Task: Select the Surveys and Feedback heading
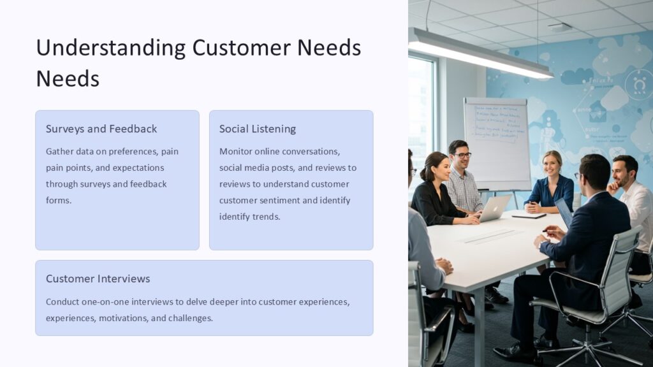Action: coord(101,129)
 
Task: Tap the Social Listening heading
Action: coord(258,129)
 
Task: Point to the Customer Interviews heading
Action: coord(98,279)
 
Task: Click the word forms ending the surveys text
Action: coord(58,200)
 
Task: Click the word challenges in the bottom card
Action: coord(190,318)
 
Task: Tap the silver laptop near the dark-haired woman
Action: coord(495,208)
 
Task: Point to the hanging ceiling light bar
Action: coord(478,55)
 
